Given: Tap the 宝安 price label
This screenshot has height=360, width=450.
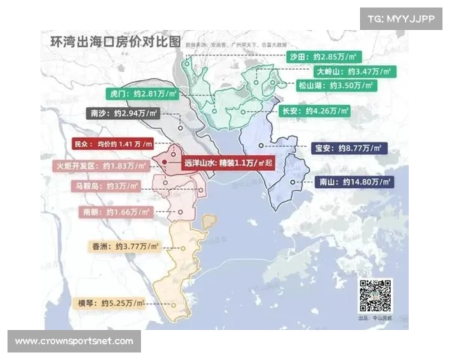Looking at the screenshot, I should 347,148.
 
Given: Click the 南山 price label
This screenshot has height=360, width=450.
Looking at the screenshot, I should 349,181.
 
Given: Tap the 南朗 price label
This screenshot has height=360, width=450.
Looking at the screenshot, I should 117,212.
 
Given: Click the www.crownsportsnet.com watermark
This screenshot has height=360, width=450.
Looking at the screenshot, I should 74,341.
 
